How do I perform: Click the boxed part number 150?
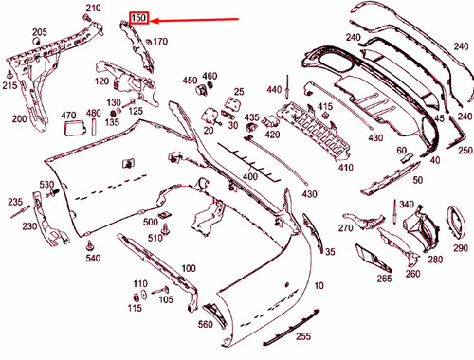138,18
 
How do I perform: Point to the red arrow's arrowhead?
155,19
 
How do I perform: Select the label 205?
39,33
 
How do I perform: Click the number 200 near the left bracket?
19,119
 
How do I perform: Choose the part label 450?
190,81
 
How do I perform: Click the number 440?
274,89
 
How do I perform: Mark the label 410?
345,169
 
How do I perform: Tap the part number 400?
250,177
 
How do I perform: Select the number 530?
46,184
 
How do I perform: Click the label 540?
92,258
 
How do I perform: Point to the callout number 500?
150,222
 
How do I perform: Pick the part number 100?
188,269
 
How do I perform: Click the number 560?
206,325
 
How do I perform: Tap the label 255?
302,335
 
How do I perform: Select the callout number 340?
407,205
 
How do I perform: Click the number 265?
383,279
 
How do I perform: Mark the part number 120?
101,82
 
